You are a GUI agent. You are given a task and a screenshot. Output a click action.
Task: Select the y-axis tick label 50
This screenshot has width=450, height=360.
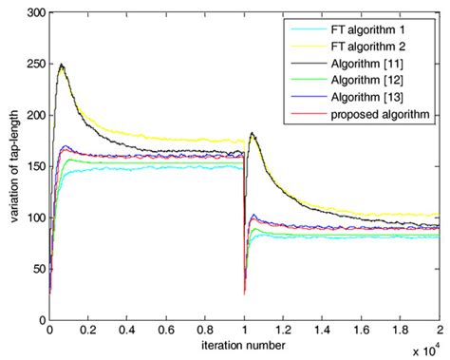tap(35, 269)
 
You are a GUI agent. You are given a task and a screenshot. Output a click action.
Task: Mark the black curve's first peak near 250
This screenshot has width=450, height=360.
tap(61, 66)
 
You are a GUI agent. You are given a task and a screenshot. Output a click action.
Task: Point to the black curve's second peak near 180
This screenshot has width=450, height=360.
tap(251, 134)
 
